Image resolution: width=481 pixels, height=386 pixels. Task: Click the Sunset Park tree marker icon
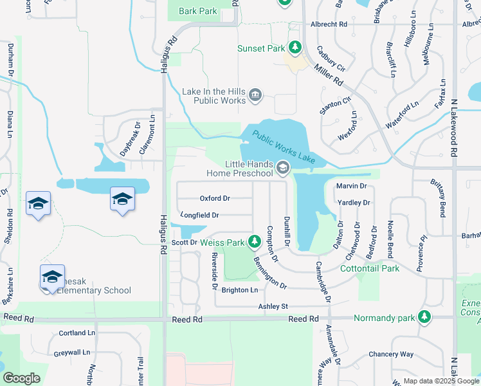click(295, 48)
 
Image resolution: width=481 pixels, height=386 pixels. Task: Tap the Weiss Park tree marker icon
click(255, 242)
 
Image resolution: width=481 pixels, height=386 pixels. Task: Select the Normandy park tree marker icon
click(424, 317)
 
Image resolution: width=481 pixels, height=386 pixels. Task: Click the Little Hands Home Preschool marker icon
click(282, 169)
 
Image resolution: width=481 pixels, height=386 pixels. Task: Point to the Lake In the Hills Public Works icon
click(255, 96)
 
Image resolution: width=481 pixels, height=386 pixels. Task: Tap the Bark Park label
click(198, 11)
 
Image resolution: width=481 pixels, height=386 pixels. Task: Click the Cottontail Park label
click(370, 268)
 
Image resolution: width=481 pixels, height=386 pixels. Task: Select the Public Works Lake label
click(284, 147)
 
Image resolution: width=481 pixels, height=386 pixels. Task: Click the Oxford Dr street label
click(215, 198)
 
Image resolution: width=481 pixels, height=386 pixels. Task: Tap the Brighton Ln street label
click(239, 290)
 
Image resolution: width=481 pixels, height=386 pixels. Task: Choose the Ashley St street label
click(273, 306)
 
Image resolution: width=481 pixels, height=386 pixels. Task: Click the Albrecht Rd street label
click(329, 24)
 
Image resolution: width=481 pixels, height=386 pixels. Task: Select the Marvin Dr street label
click(351, 186)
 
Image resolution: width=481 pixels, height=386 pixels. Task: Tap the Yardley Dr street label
click(354, 203)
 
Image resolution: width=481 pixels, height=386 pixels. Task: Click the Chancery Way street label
click(391, 354)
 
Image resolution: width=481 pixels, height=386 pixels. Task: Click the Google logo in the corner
click(21, 378)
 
